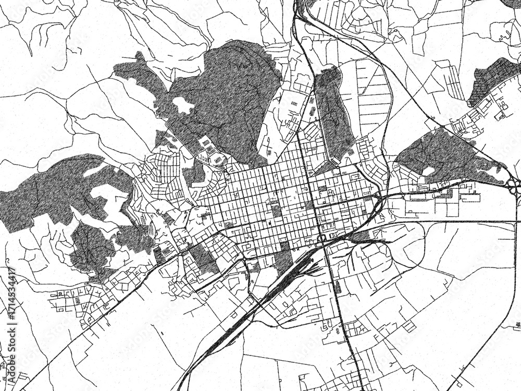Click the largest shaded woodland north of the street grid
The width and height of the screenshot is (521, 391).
point(229,99)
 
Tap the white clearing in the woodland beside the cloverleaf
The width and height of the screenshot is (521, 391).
point(428,171)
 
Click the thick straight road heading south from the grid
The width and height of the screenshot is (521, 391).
point(341,313)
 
